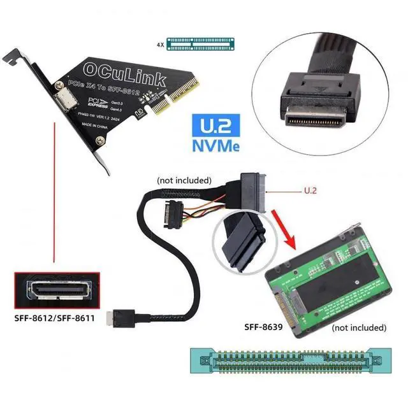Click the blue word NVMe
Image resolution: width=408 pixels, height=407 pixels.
pyautogui.click(x=215, y=145)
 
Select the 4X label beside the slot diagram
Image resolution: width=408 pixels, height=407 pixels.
pyautogui.click(x=160, y=45)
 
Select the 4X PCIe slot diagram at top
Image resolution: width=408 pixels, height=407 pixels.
pyautogui.click(x=205, y=45)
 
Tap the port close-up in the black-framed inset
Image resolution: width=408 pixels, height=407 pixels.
pyautogui.click(x=58, y=290)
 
